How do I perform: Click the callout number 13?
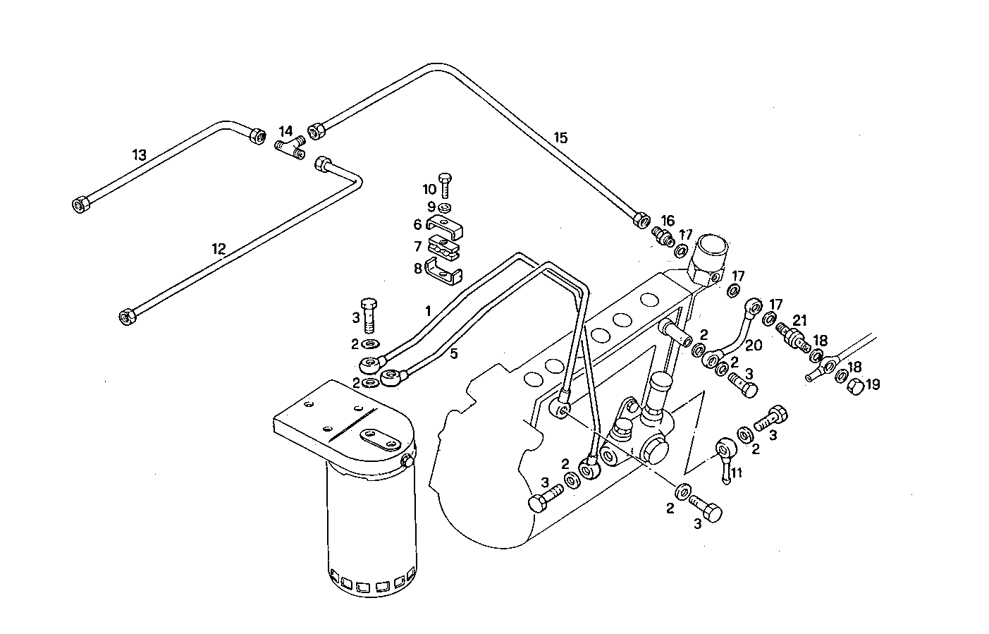coord(140,154)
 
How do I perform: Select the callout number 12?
coord(219,248)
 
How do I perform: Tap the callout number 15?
coord(560,138)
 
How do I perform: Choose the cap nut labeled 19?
coord(855,386)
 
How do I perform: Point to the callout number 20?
coord(752,346)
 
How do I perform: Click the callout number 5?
coord(454,353)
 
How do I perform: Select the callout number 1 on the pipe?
coord(427,310)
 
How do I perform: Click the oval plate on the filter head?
coord(383,439)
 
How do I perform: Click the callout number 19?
coord(873,384)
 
